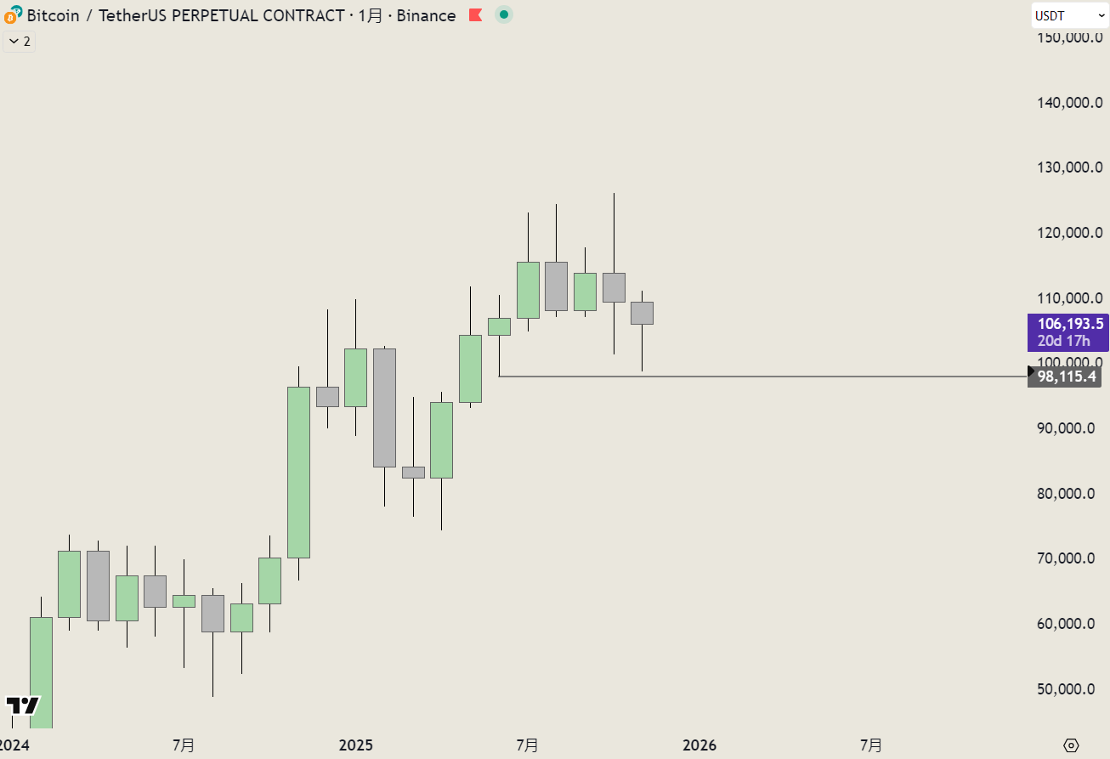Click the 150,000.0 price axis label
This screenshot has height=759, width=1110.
[1070, 37]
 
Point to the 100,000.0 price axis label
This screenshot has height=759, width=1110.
[1070, 363]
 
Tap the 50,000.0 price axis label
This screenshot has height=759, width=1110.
[1070, 688]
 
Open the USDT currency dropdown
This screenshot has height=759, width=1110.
[1069, 15]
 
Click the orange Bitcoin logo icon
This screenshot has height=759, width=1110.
[13, 15]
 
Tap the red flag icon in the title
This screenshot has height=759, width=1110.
[476, 15]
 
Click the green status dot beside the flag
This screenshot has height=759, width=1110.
[504, 14]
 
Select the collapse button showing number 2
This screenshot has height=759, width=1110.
[20, 42]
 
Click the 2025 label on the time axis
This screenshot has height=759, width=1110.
[355, 745]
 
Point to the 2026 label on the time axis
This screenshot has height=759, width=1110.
[699, 745]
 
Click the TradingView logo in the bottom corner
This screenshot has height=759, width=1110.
[22, 705]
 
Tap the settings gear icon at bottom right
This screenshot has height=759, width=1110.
[1071, 745]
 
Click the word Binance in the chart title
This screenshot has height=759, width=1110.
[426, 15]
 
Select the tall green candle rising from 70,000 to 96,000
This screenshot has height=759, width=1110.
[298, 473]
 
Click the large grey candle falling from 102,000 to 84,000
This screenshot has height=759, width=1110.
[384, 408]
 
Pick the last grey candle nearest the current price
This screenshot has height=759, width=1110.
[642, 313]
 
